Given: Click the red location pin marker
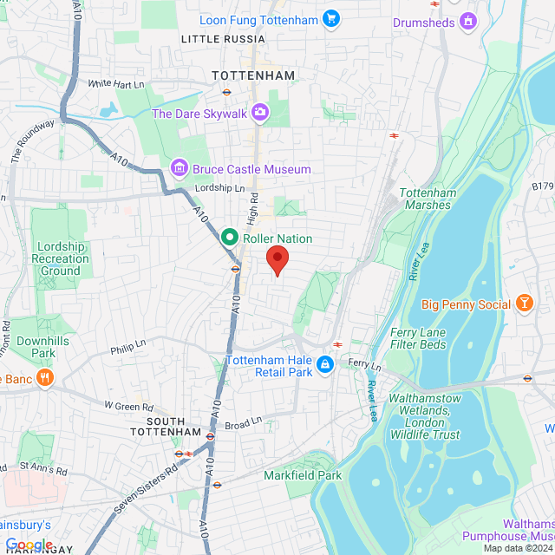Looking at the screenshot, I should pyautogui.click(x=277, y=259).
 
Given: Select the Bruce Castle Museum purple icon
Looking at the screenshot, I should pyautogui.click(x=180, y=167).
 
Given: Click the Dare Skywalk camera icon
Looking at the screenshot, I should pyautogui.click(x=259, y=113).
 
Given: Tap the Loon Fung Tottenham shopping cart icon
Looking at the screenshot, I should pyautogui.click(x=330, y=18).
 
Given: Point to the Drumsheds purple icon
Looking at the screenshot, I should pyautogui.click(x=468, y=21).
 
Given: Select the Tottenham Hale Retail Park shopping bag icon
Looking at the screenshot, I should pyautogui.click(x=325, y=365).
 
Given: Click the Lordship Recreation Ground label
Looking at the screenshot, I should pyautogui.click(x=60, y=258).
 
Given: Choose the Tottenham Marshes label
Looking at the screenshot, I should pyautogui.click(x=427, y=199).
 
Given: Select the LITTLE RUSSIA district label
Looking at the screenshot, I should pyautogui.click(x=223, y=40).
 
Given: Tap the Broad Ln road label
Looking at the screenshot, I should pyautogui.click(x=243, y=425).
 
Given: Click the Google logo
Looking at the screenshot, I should pyautogui.click(x=29, y=544).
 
